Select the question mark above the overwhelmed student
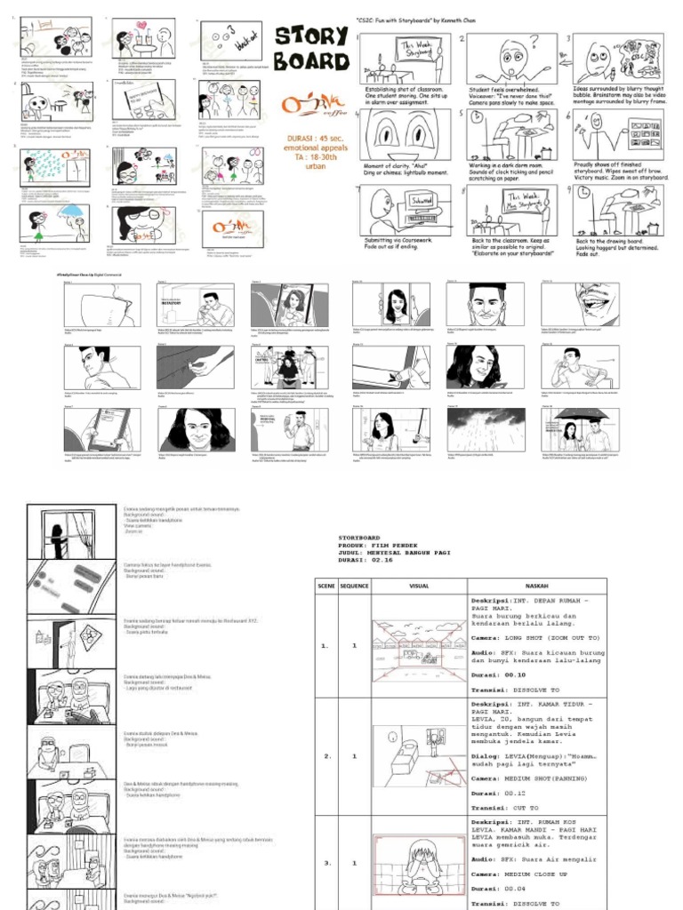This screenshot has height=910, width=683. [534, 40]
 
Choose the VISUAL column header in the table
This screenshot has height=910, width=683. [418, 587]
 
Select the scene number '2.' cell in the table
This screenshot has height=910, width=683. [326, 756]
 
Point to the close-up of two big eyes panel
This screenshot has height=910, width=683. [405, 133]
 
